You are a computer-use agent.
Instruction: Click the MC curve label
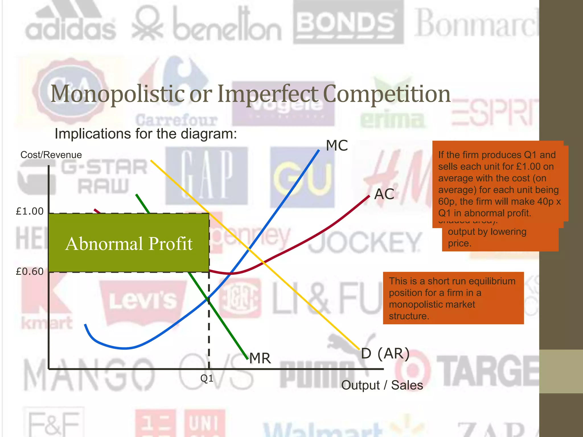[x=337, y=146]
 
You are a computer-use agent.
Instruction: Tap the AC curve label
[x=384, y=194]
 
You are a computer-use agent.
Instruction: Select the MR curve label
[x=260, y=358]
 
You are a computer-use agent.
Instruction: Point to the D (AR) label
[x=385, y=354]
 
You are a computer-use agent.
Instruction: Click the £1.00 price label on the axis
[x=30, y=211]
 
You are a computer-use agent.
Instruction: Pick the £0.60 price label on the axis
[x=30, y=272]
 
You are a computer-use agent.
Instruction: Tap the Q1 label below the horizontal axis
[x=207, y=378]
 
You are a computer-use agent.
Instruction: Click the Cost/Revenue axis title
[x=51, y=155]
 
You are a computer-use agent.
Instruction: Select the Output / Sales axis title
[x=382, y=385]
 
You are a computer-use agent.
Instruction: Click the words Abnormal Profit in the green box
[x=129, y=244]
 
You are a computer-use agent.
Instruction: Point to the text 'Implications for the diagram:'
[x=146, y=134]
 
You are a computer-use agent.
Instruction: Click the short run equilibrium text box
[x=453, y=298]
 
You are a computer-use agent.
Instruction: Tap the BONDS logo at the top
[x=348, y=23]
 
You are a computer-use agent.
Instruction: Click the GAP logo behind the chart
[x=207, y=175]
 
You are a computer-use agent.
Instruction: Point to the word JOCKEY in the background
[x=364, y=242]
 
